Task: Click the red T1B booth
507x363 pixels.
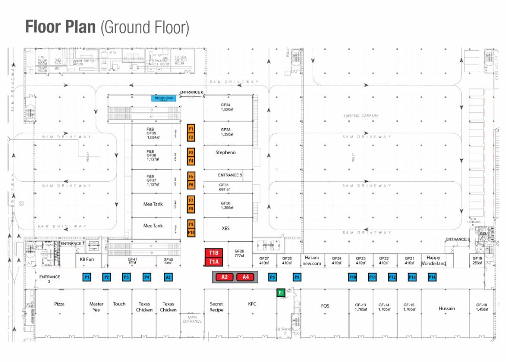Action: (x=214, y=253)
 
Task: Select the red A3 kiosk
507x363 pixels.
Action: (x=224, y=277)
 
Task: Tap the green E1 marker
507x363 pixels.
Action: (x=280, y=293)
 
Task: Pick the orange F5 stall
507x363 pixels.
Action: (x=191, y=177)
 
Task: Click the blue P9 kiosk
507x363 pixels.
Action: (x=297, y=277)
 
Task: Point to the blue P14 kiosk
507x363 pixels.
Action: (x=432, y=277)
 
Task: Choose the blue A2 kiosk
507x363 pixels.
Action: (x=168, y=277)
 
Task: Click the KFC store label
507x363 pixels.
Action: (x=252, y=304)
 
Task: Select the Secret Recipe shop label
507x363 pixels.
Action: (x=216, y=307)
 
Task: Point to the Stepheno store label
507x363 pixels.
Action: (x=225, y=153)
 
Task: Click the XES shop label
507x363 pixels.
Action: (x=225, y=228)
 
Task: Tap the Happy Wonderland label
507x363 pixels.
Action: (x=433, y=260)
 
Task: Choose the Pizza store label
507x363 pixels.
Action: (x=59, y=304)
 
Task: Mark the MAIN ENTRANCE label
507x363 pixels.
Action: (x=192, y=319)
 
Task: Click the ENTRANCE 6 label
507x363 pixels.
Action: (x=191, y=93)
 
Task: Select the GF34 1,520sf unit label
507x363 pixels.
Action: (x=226, y=107)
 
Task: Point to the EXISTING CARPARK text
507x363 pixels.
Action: (x=361, y=115)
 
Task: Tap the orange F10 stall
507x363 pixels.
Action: (x=191, y=232)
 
